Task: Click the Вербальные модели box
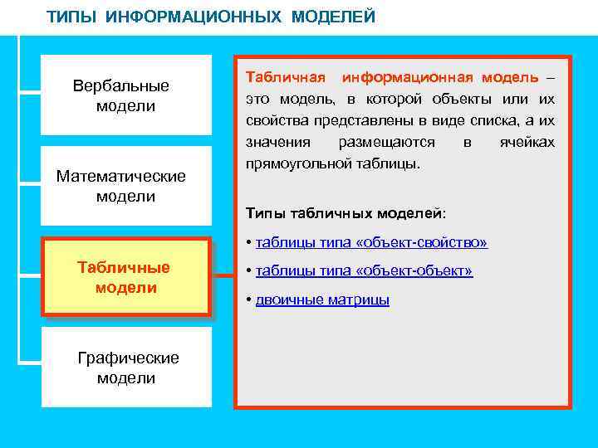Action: tap(126, 95)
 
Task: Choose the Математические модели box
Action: tap(126, 186)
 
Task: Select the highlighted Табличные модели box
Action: tap(126, 277)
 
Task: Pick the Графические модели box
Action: tap(126, 368)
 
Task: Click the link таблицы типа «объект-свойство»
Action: tap(371, 242)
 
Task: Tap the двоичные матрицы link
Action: tap(322, 299)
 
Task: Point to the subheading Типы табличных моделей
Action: tap(346, 213)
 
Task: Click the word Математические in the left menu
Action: tap(121, 176)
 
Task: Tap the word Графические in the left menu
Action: tap(128, 358)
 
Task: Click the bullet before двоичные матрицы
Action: tap(249, 299)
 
